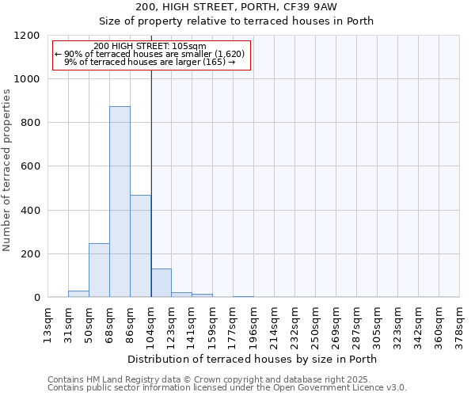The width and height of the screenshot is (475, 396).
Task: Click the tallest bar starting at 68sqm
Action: click(x=120, y=202)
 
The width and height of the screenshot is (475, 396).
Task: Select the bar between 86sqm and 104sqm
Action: click(x=140, y=246)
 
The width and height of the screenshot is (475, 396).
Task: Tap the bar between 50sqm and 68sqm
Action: click(x=99, y=270)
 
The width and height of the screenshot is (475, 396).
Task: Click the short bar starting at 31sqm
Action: click(x=78, y=294)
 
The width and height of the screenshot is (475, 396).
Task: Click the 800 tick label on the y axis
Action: click(x=29, y=123)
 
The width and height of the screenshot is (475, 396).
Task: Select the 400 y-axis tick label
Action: click(x=29, y=211)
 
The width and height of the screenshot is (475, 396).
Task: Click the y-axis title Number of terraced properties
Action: click(x=7, y=170)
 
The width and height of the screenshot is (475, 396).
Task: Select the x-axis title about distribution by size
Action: click(x=253, y=359)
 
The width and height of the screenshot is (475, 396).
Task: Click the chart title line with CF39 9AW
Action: click(x=237, y=7)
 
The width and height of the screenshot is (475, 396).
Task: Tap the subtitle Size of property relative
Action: click(x=237, y=21)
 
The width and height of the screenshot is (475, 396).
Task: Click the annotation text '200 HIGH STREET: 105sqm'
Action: click(x=150, y=46)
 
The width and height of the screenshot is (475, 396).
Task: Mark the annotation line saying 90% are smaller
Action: click(x=150, y=54)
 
